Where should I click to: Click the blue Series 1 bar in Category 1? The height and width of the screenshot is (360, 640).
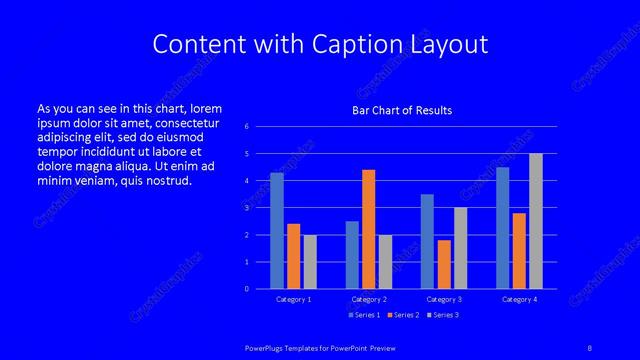277,231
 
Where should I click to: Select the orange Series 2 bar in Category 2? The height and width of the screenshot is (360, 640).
369,229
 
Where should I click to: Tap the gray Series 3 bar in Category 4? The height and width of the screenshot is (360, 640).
536,221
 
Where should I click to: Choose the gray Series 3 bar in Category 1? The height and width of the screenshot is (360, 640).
310,262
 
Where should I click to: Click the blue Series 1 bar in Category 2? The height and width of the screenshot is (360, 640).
352,255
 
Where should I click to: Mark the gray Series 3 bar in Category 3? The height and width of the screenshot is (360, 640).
460,248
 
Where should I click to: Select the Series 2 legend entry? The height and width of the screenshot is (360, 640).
401,315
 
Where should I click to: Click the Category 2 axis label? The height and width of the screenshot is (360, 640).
369,299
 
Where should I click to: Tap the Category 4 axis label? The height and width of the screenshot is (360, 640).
519,299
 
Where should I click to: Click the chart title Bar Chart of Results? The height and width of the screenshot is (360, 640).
402,110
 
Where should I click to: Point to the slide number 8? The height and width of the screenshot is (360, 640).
590,346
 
